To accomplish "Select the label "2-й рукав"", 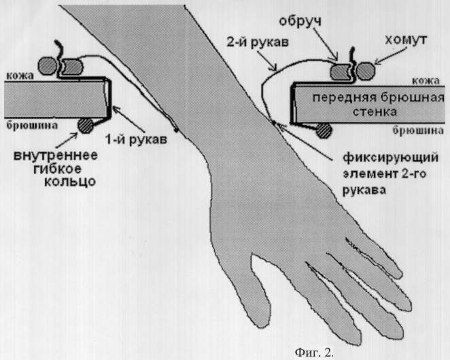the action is (257, 43).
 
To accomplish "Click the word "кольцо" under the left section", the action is (70, 181).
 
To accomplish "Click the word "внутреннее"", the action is (56, 156).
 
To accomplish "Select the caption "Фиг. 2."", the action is (314, 352).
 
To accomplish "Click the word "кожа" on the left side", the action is (20, 75).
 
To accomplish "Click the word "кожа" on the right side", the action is (426, 81).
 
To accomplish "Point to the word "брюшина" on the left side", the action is (32, 125).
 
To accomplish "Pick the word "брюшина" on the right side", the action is (418, 130).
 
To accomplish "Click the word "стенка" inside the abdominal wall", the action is (375, 111).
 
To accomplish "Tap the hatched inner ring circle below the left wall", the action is (85, 126).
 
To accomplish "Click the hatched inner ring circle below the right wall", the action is (324, 131).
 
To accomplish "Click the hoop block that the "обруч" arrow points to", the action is (341, 72).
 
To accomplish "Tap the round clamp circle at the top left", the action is (48, 66).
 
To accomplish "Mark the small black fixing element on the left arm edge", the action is (176, 130).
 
